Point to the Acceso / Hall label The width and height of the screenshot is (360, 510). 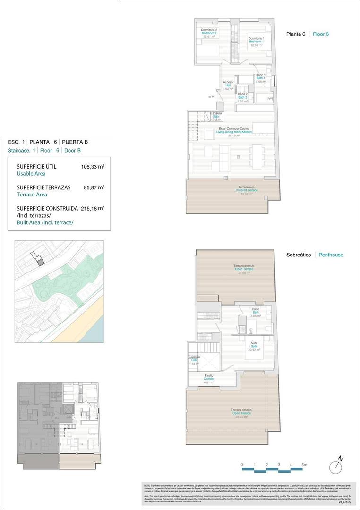coord(228,85)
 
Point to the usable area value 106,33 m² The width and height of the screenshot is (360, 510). coord(93,166)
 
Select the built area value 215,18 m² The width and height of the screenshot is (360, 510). coord(93,208)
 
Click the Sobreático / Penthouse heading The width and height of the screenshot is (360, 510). coord(315,255)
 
